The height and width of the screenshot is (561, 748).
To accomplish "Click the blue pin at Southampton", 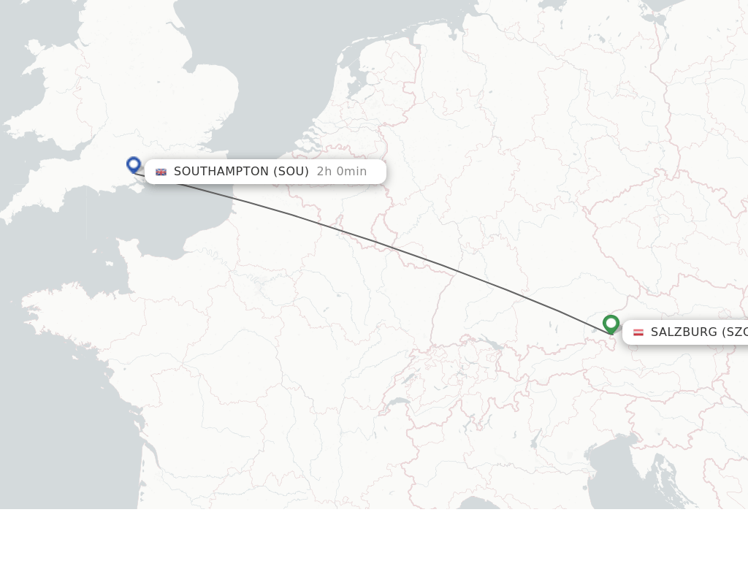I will tap(133, 164).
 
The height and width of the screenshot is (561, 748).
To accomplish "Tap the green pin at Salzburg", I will tap(611, 323).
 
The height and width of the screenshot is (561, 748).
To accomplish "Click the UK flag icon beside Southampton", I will tap(161, 172).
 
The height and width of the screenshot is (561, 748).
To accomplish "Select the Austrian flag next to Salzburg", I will tap(638, 332).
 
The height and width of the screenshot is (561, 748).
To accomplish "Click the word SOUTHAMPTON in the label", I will tap(221, 172).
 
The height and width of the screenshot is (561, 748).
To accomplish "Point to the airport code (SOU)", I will tap(291, 172).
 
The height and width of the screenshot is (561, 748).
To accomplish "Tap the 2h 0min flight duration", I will tap(341, 172).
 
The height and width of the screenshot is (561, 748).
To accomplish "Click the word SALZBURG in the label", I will tap(684, 332).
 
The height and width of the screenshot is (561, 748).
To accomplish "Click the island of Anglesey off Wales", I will tap(33, 48).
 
